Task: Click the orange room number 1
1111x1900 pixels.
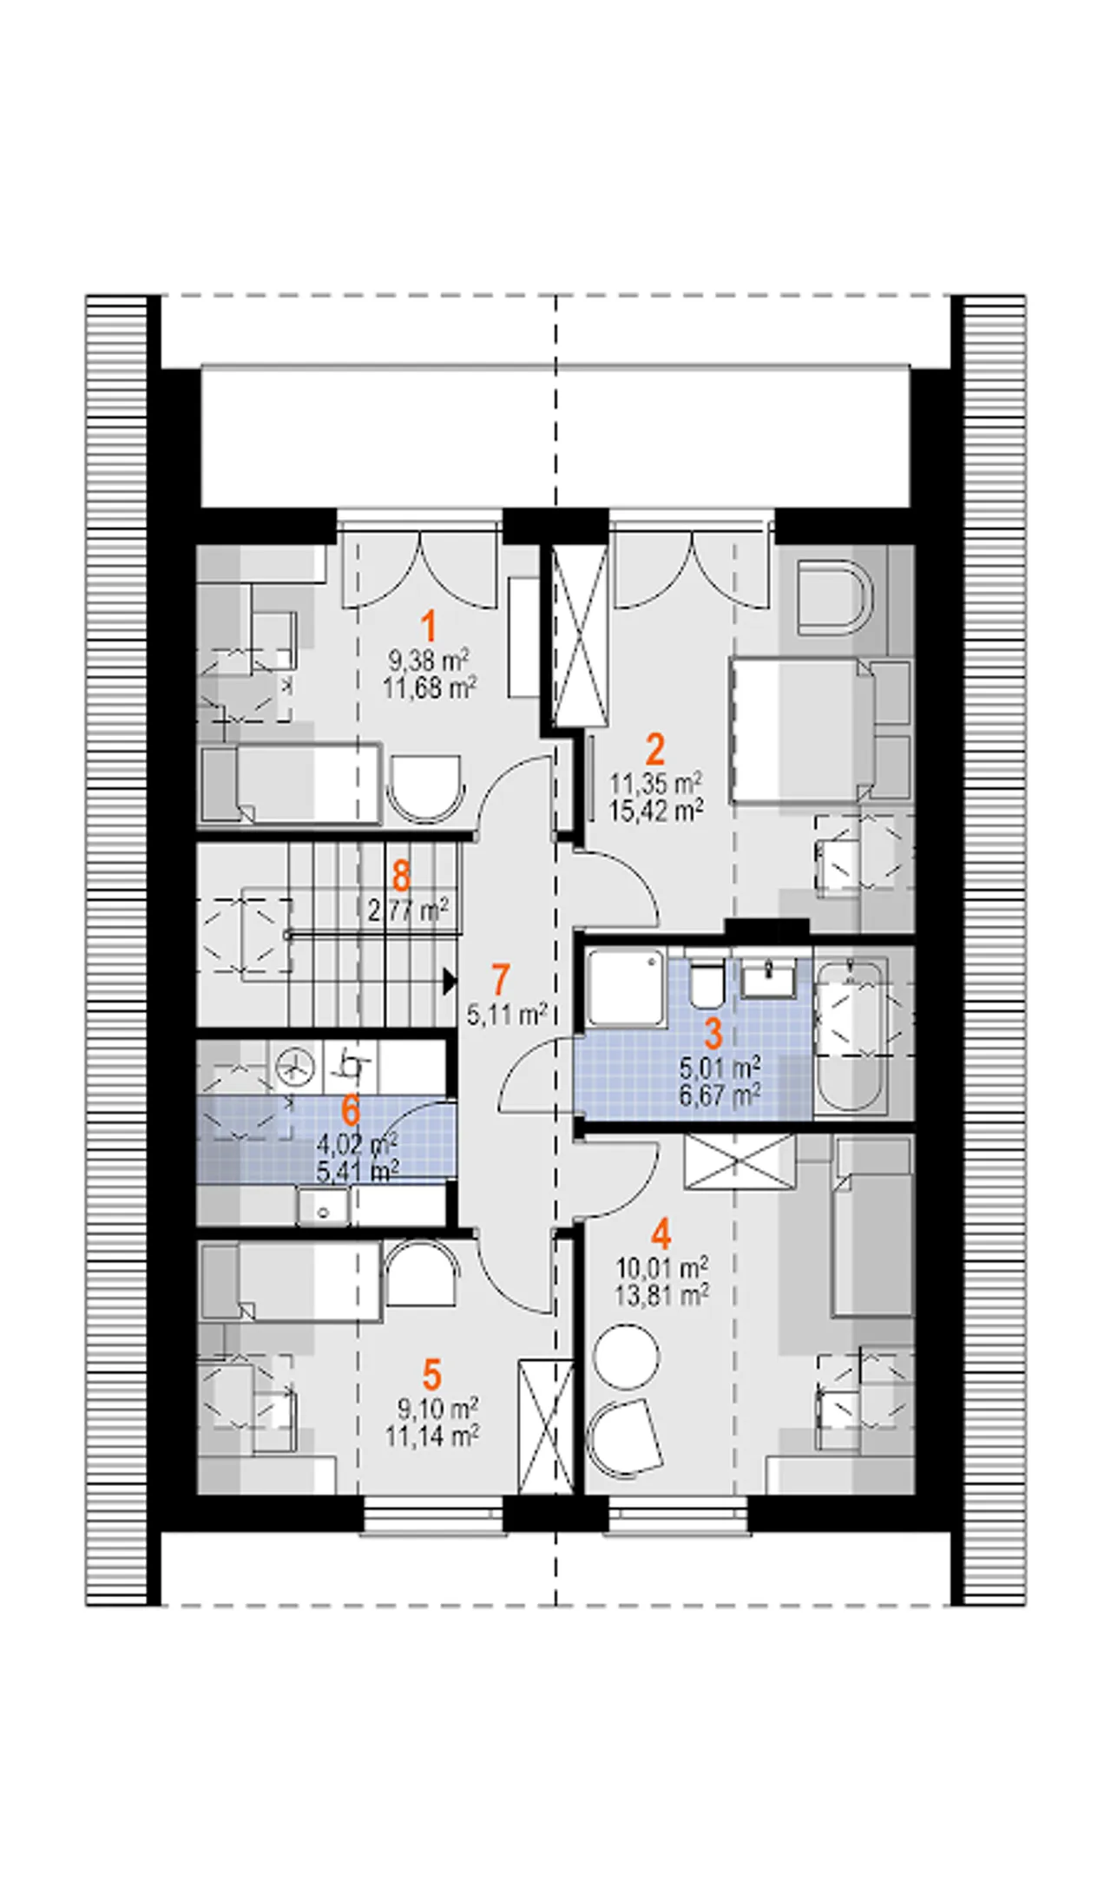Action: click(x=428, y=627)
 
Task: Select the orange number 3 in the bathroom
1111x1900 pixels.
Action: click(x=713, y=1034)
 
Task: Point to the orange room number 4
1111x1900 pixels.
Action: click(x=661, y=1234)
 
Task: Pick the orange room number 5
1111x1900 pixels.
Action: click(x=432, y=1375)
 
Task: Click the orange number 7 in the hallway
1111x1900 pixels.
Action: click(x=500, y=980)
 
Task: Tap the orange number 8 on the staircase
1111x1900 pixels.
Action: click(x=401, y=877)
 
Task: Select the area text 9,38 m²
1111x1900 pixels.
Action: click(x=429, y=661)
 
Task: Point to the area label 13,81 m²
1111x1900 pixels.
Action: click(x=661, y=1296)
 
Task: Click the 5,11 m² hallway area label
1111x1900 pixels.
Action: click(x=507, y=1014)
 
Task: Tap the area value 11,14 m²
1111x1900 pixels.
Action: click(x=432, y=1437)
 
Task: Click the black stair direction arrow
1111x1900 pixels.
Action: click(x=449, y=982)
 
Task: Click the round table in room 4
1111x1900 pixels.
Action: click(x=626, y=1356)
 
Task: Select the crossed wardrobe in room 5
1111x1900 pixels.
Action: click(x=546, y=1427)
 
